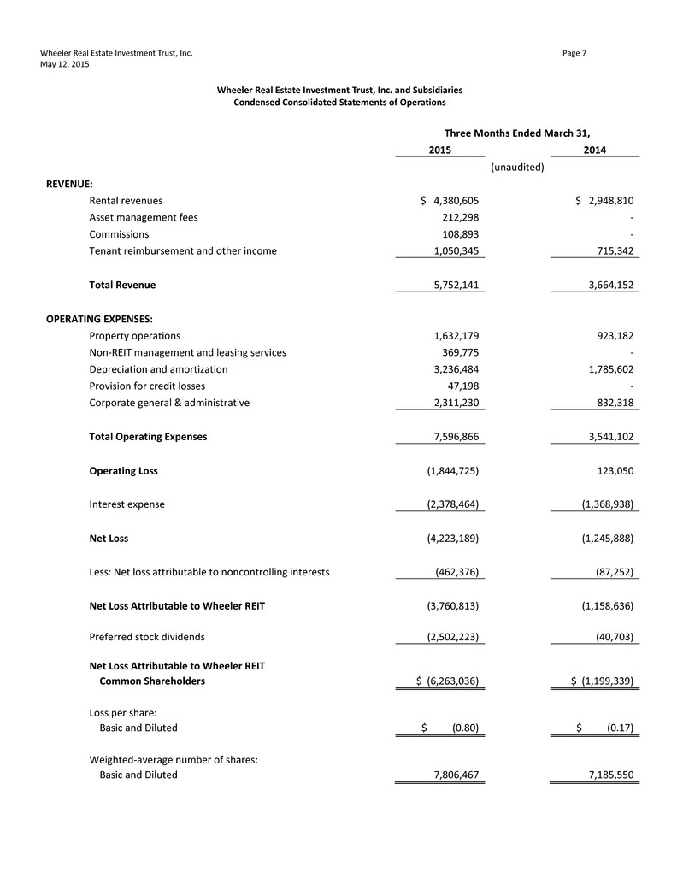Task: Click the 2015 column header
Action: (x=439, y=150)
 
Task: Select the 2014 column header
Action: (x=595, y=150)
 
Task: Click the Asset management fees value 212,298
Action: (x=460, y=217)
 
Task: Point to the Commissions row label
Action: (x=119, y=233)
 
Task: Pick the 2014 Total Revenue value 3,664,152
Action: (x=604, y=285)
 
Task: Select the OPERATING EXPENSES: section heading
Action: (x=99, y=318)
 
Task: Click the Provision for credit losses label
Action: (x=147, y=386)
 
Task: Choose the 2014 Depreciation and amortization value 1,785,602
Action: (x=604, y=369)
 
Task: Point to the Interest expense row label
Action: (x=127, y=504)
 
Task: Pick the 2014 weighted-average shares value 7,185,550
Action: (x=604, y=775)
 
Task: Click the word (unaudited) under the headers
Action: (x=517, y=168)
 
